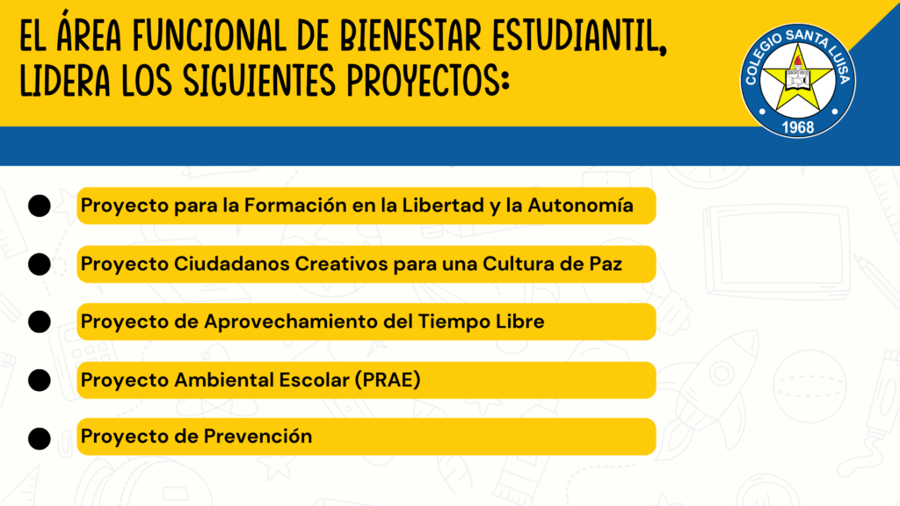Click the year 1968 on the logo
pos(797,127)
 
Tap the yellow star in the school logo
pos(798,79)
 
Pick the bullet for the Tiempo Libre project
pos(40,322)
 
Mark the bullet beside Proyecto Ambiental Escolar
pos(40,380)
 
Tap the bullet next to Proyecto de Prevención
pos(40,437)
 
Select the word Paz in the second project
pos(607,264)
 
